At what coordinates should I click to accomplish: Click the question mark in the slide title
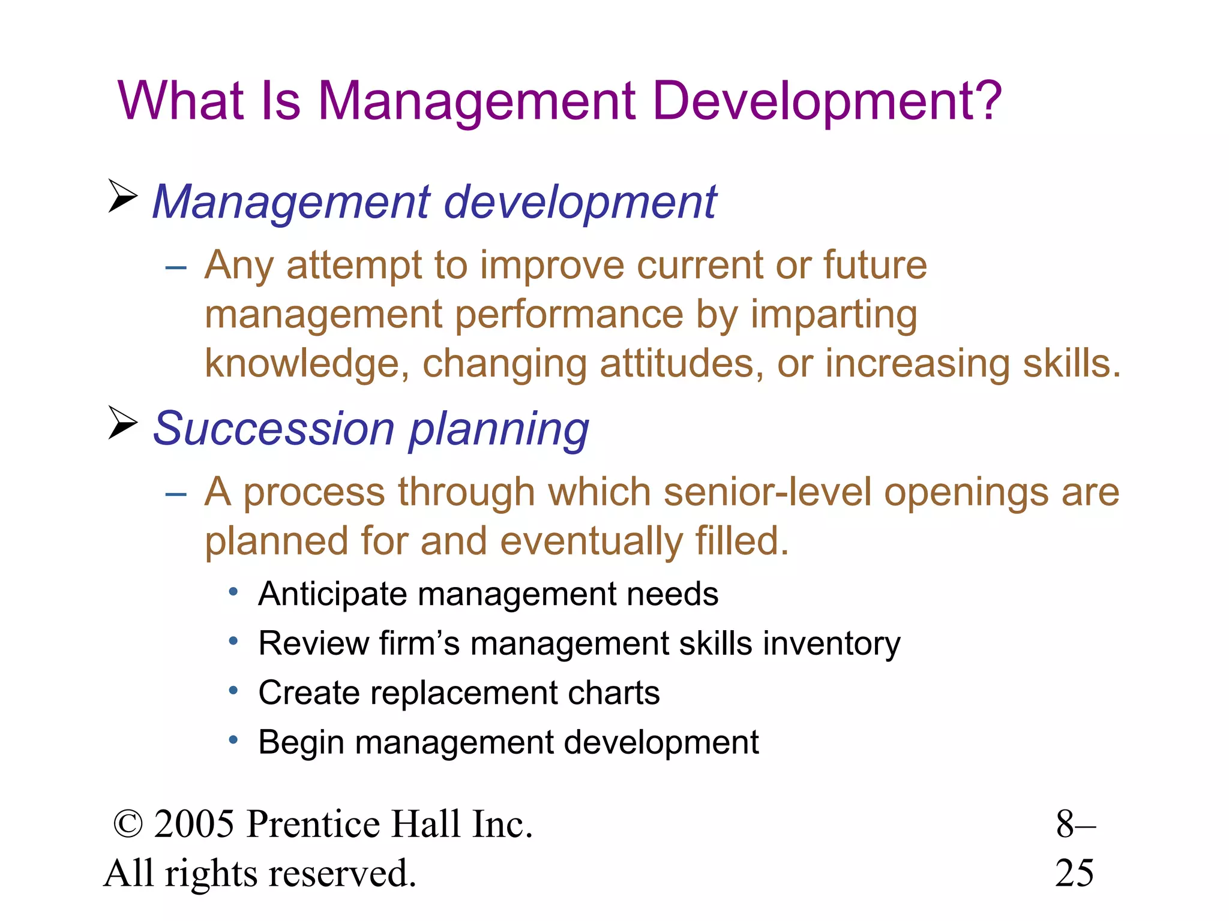983,100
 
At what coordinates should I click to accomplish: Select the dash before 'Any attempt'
176,266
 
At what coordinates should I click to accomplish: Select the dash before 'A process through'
176,493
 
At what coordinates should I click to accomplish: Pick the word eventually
591,541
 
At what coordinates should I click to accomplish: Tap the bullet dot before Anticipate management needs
234,592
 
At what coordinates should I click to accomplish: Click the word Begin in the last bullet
301,743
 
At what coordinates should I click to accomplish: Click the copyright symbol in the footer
128,824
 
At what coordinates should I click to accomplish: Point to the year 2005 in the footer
194,824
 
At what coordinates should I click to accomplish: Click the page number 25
1074,873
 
